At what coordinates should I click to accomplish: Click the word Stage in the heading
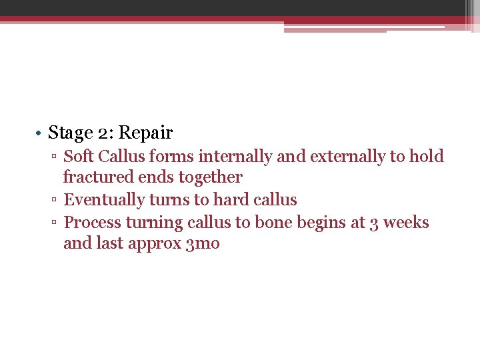pyautogui.click(x=70, y=133)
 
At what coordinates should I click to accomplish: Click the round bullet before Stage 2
pyautogui.click(x=41, y=134)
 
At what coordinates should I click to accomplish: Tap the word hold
pyautogui.click(x=427, y=157)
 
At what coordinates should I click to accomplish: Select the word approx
pyautogui.click(x=159, y=244)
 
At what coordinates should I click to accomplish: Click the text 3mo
pyautogui.click(x=205, y=244)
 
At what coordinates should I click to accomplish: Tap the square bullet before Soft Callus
pyautogui.click(x=55, y=157)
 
